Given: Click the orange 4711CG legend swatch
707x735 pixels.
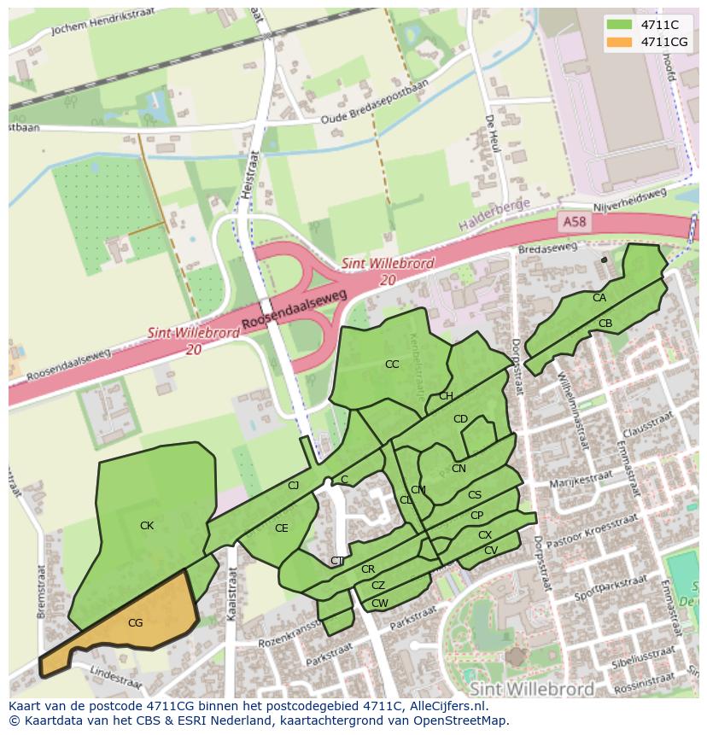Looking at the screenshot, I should tap(620, 42).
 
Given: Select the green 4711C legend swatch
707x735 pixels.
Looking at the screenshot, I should tap(620, 25).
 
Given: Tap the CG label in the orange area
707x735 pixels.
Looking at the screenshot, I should tap(135, 623).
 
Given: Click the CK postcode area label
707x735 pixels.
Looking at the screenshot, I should tap(147, 526).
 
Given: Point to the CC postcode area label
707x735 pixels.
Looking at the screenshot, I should tap(392, 365).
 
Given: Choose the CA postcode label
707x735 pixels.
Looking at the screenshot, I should tap(599, 298).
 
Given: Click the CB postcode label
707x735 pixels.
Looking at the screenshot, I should tap(605, 324).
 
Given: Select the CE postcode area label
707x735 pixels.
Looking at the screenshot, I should tap(282, 528).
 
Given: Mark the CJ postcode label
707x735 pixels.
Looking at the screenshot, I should tap(293, 486).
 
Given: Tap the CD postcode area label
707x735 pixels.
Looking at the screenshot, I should tap(460, 419).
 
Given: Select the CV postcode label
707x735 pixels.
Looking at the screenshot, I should tap(490, 551).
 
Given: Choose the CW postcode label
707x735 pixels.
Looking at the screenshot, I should tap(380, 604).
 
